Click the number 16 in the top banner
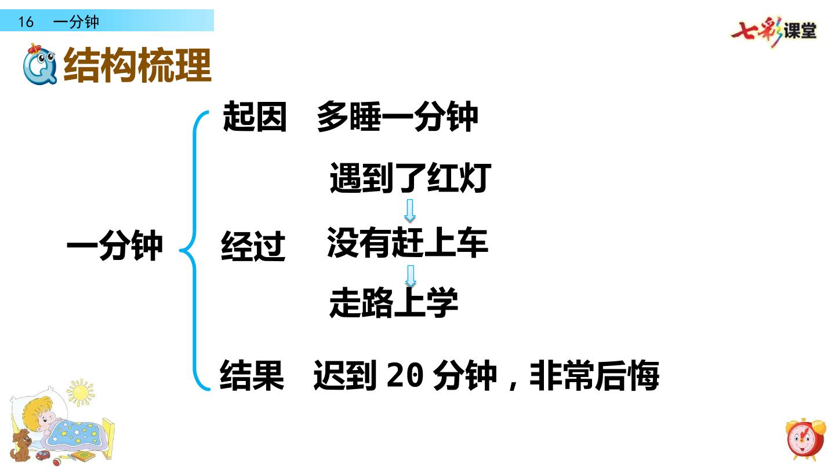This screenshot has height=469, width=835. (x=26, y=21)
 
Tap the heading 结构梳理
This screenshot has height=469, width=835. (x=137, y=65)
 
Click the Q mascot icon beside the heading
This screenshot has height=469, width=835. (x=40, y=64)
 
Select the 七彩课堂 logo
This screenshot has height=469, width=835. (x=774, y=31)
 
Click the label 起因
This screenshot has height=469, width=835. (x=255, y=116)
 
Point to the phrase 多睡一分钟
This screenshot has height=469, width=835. (x=397, y=116)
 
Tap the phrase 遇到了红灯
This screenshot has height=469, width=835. (x=411, y=178)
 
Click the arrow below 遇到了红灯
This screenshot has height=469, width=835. (x=409, y=211)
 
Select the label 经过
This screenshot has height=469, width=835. (x=253, y=246)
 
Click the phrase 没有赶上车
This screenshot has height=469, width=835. (x=408, y=242)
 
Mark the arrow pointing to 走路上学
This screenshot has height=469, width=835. (x=411, y=276)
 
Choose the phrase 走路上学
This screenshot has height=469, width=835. (x=394, y=302)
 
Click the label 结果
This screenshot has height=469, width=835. (x=252, y=375)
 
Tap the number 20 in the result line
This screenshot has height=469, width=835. (x=405, y=375)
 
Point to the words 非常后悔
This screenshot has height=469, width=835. (x=594, y=375)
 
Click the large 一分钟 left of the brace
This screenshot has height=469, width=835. (x=115, y=246)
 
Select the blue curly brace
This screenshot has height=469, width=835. (x=195, y=251)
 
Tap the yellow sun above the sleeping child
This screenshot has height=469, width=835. (x=81, y=393)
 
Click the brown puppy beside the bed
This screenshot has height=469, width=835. (x=21, y=445)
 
